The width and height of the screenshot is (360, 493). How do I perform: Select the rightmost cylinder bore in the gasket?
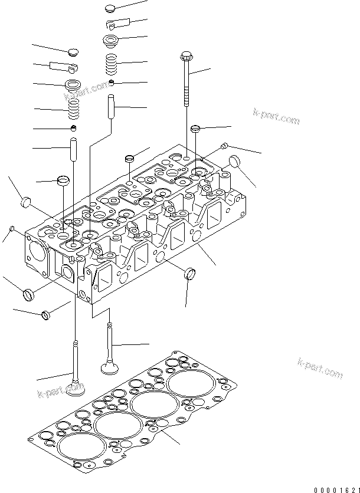pos(191,383)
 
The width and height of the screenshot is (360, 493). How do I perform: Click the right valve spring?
pos(110,65)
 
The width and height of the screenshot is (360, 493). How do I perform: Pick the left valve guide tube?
pos(73,149)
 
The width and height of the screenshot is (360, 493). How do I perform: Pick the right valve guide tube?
pos(112,106)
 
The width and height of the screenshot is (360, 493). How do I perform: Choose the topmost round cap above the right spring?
pos(110,8)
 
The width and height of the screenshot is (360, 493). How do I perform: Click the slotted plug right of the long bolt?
pos(196,129)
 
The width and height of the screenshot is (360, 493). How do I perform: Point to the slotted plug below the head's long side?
pos(190,273)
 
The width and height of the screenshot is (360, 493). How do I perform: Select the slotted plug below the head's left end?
pos(29,294)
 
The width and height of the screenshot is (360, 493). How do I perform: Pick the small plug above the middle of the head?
pos(130,159)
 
